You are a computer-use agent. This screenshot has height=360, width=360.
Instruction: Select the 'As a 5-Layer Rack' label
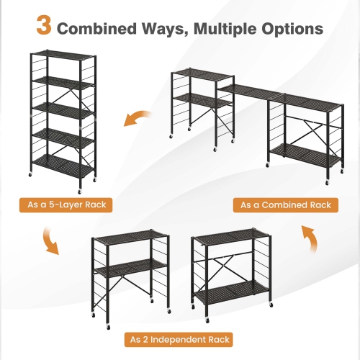click(x=67, y=205)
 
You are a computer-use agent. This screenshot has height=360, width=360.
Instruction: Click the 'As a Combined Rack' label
click(x=284, y=205)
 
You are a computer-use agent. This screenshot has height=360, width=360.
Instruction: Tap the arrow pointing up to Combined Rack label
click(x=310, y=239)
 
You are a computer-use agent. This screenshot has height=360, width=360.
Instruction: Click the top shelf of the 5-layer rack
click(x=63, y=55)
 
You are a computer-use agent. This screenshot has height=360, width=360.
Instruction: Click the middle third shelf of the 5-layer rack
click(x=63, y=108)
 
